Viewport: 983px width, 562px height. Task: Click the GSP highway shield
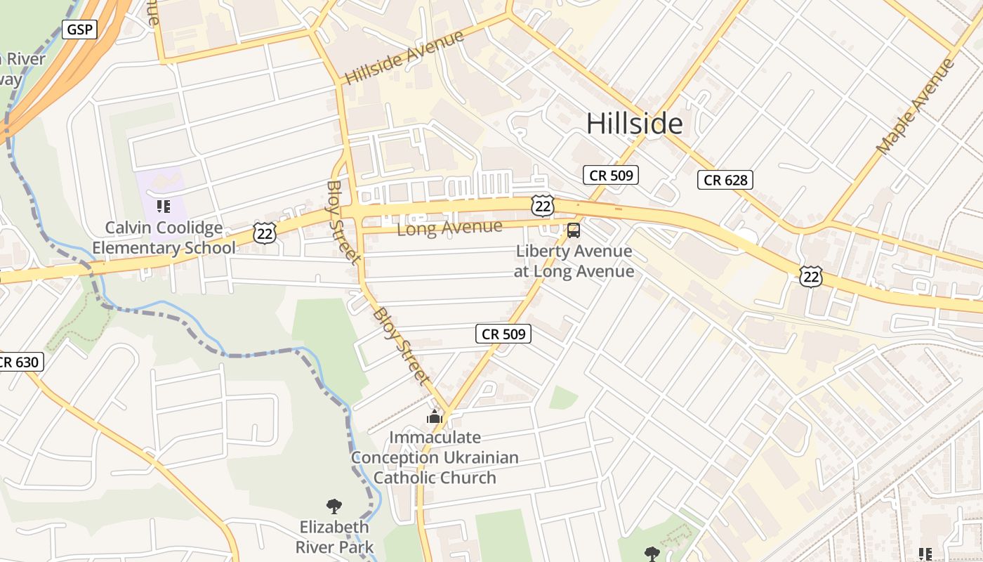79,30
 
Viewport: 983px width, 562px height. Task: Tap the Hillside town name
634,124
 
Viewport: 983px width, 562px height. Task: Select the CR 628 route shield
725,181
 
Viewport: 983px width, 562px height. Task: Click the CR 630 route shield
20,362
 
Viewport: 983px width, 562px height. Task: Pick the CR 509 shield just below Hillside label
610,175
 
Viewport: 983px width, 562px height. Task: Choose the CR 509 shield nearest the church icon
503,334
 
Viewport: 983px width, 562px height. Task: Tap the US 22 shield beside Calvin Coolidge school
265,233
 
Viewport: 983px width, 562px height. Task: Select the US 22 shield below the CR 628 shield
811,276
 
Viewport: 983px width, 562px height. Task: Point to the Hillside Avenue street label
405,57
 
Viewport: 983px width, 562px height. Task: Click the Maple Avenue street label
916,107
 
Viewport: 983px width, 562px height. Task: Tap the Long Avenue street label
449,228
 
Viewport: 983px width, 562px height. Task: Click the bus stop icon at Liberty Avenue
574,230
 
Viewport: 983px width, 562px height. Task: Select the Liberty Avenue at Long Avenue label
574,261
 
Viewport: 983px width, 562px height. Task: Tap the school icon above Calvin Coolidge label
164,207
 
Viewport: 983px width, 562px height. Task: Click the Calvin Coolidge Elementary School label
164,238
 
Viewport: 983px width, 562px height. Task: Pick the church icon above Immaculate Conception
435,417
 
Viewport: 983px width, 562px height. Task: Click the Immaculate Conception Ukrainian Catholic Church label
435,457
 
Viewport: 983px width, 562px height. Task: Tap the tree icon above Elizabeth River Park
334,506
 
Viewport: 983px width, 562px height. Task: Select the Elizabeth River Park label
334,537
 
